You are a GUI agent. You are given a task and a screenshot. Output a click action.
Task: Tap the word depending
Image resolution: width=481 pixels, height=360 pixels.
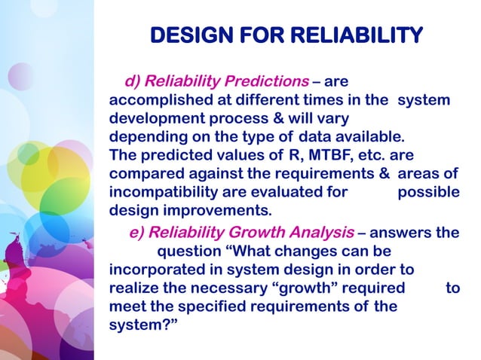coord(144,138)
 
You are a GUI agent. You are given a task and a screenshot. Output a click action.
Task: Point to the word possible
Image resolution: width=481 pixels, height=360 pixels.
coord(427,193)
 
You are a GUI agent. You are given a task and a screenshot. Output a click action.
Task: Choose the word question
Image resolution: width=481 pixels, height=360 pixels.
coord(188,250)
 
